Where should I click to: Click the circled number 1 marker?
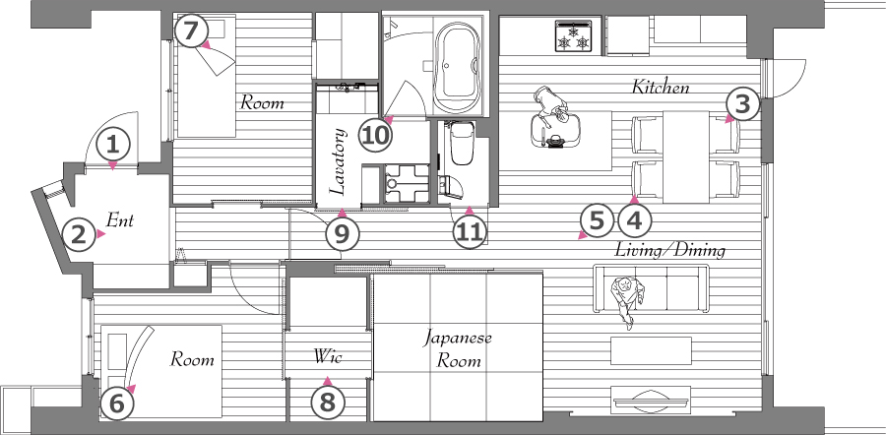pos(113,146)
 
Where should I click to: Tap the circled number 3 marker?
pos(743,104)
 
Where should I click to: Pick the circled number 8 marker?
pos(327,403)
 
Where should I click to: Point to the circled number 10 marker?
pos(376,136)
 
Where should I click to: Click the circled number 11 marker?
pos(470,231)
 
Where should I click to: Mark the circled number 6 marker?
pos(117,404)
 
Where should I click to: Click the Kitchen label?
pos(660,88)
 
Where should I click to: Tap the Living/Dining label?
pos(669,250)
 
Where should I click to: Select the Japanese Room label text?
pos(458,349)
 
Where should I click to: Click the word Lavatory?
pos(337,162)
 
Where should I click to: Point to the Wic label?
pos(328,356)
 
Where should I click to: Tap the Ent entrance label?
pos(120,219)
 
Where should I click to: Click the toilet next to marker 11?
pos(462,144)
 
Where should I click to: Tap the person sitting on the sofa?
pos(627,298)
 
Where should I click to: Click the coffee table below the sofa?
pos(651,350)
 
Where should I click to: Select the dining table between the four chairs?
pos(686,157)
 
